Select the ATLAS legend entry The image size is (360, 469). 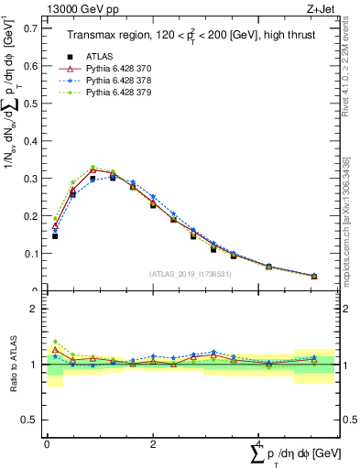[99, 57]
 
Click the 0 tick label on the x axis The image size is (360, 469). [47, 443]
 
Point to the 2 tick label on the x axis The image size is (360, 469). [152, 443]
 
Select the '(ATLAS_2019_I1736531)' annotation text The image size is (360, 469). [193, 274]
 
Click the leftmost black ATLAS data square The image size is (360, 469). [55, 236]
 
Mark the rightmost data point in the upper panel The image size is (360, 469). [314, 276]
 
